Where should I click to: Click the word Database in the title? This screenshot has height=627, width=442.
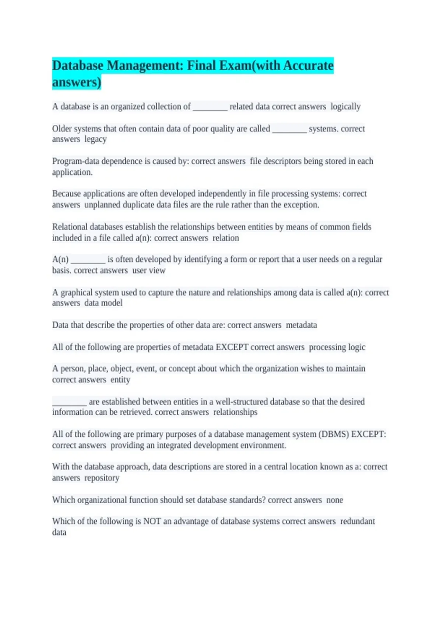coord(78,66)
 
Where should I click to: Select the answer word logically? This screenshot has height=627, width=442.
coord(345,107)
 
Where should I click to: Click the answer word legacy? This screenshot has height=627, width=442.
coord(95,139)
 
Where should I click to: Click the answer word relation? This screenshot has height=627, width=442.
coord(225,238)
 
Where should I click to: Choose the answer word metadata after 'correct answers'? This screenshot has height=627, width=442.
coord(301,325)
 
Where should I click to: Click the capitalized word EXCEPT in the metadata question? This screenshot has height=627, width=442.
coord(232,347)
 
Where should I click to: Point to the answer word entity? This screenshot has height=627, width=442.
coord(120,380)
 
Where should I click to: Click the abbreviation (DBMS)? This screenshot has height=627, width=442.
coord(334,434)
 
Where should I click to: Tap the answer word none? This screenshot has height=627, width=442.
coord(334,500)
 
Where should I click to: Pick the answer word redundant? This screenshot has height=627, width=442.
coord(357,521)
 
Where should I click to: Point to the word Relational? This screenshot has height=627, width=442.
coord(70,227)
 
